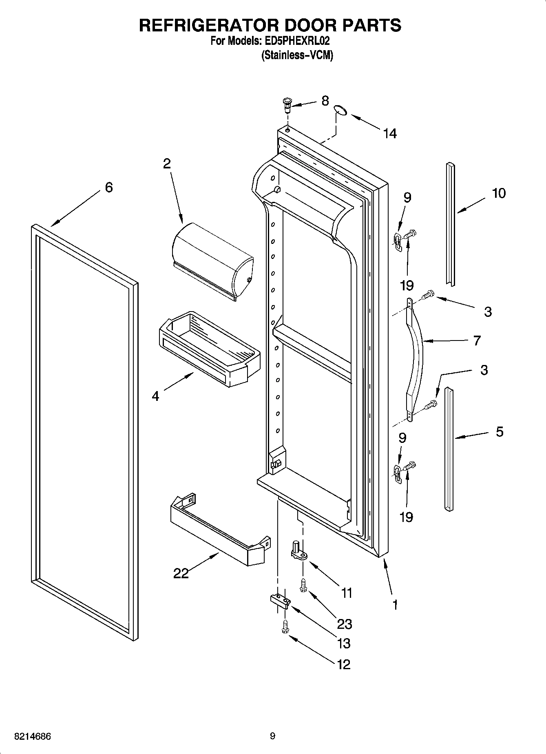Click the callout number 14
390,133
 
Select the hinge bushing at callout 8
287,105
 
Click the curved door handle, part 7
416,359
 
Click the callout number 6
108,188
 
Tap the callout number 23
344,624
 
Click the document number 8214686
33,736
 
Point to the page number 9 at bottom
272,736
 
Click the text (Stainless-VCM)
297,55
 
